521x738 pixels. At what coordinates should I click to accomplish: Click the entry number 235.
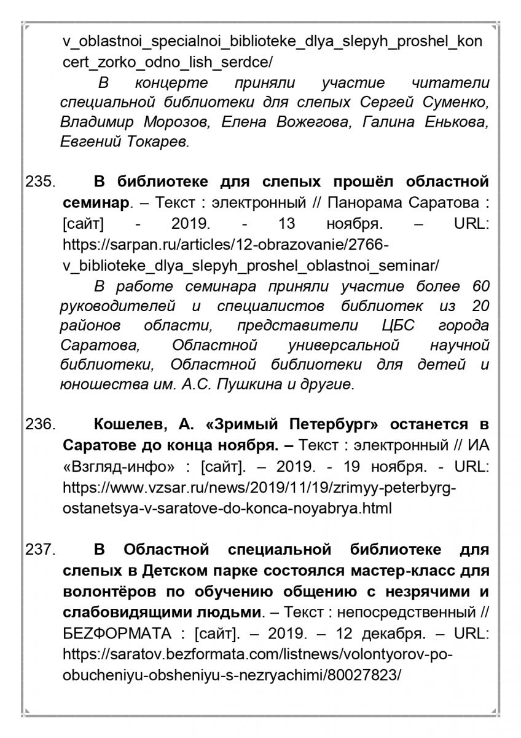(40, 183)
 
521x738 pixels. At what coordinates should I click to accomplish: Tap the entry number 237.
(40, 549)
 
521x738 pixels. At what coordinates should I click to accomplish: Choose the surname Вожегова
(306, 122)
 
